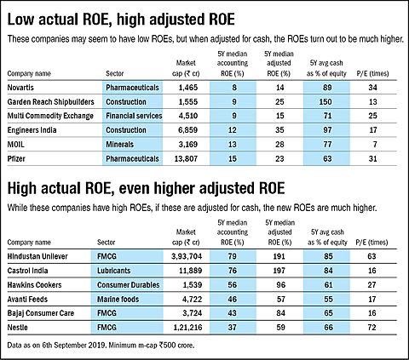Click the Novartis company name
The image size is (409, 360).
[20, 88]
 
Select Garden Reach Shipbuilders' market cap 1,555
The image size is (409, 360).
[188, 101]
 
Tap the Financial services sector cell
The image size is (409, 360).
[134, 116]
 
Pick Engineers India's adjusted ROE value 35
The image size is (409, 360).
[279, 130]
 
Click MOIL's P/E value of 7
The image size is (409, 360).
[375, 145]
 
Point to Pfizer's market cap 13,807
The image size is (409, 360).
[186, 158]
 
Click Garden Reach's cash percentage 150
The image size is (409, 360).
[325, 101]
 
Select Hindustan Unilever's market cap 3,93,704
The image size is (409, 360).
[187, 256]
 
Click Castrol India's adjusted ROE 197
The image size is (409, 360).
[279, 271]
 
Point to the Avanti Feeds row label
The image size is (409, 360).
[27, 300]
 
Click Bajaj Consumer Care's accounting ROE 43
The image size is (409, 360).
[232, 313]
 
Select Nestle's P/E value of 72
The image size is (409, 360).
[372, 328]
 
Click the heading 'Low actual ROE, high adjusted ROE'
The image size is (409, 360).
[121, 20]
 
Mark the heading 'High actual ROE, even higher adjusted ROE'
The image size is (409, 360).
[146, 188]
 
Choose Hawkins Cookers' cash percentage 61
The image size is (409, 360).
[328, 285]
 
